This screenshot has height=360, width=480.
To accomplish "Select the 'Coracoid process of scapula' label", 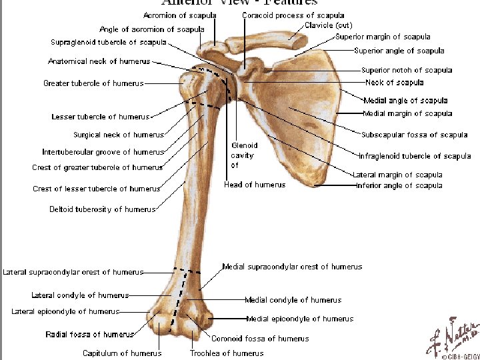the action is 293,15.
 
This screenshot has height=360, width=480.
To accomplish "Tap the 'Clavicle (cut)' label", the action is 328,25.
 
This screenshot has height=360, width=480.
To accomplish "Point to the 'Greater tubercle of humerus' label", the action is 93,84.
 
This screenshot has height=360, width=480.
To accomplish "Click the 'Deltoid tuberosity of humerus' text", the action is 103,209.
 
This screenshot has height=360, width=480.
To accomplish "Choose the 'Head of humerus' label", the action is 255,185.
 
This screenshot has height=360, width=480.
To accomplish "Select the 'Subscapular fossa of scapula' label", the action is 414,135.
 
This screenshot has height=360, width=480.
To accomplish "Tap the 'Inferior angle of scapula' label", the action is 399,185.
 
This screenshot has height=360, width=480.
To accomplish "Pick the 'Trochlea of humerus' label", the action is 227,353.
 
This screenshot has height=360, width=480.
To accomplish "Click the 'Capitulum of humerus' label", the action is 122,353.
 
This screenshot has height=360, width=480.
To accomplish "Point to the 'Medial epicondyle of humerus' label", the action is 300,319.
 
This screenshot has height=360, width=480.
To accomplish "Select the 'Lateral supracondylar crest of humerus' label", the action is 73,272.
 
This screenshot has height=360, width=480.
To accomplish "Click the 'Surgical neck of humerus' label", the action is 119,135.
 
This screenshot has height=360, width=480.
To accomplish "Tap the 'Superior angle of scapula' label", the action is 399,51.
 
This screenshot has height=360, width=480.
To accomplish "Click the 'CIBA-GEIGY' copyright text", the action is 459,356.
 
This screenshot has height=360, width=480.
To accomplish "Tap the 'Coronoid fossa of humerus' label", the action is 260,339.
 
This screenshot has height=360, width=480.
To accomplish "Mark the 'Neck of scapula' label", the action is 394,83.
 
